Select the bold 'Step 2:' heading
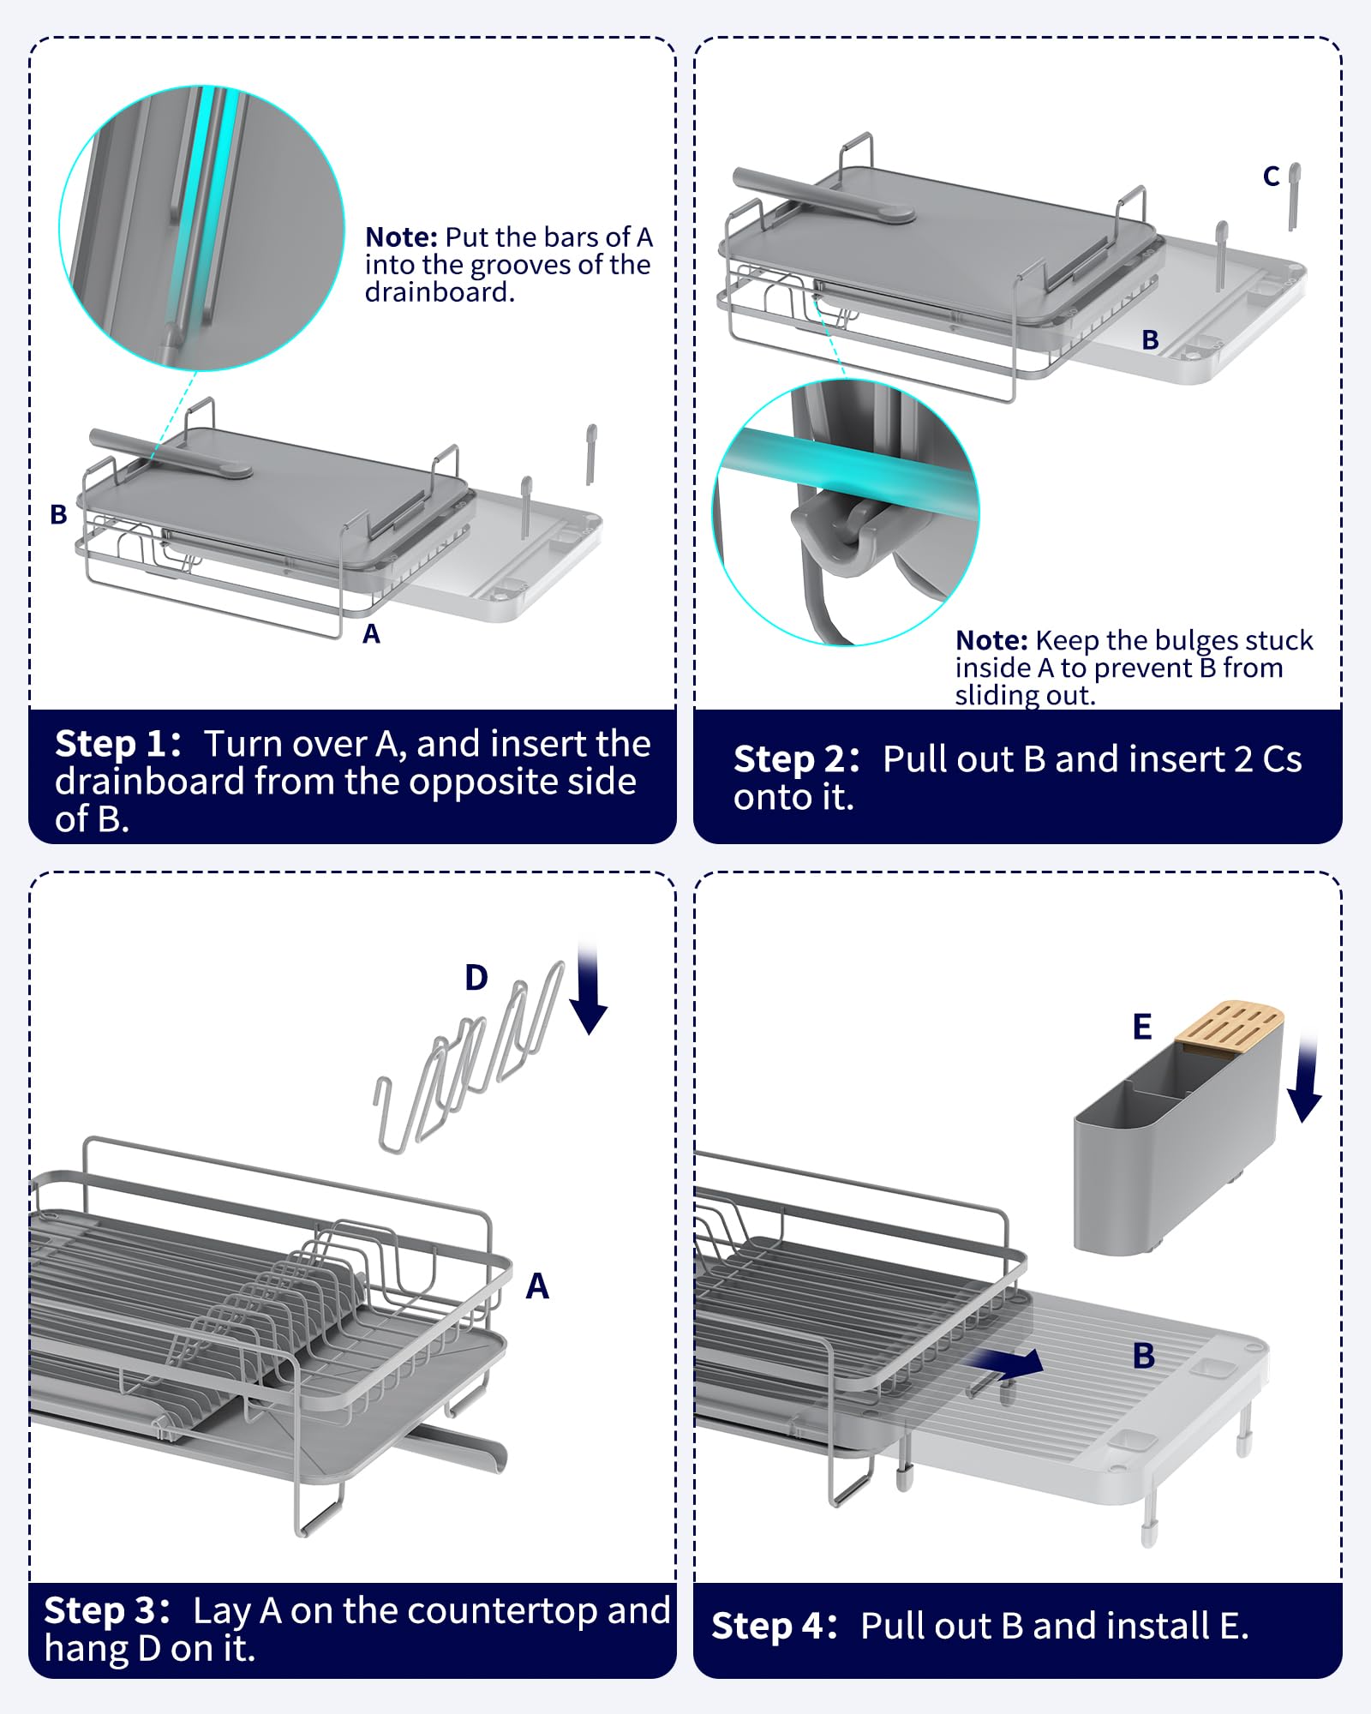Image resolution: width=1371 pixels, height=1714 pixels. coord(796,759)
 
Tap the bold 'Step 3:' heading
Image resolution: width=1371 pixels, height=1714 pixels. coord(106,1610)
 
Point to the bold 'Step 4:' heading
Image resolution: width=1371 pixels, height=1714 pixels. coord(774,1626)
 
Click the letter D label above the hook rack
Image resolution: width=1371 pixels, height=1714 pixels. coord(476,977)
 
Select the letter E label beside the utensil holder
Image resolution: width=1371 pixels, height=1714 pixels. coord(1142,1026)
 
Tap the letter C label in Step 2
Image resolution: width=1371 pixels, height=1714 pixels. coord(1272,176)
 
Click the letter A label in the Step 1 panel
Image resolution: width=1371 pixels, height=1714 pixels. coord(371,633)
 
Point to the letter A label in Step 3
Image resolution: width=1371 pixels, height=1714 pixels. coord(537,1285)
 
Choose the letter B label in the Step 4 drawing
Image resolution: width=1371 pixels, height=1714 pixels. coord(1144,1356)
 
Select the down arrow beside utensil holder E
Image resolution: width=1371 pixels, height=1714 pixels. coord(1306,1077)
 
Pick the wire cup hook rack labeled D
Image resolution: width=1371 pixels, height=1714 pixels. coord(470,1063)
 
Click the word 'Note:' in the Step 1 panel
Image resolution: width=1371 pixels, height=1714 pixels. coord(401,237)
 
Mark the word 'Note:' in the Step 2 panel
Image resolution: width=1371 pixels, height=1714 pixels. coord(991,640)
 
